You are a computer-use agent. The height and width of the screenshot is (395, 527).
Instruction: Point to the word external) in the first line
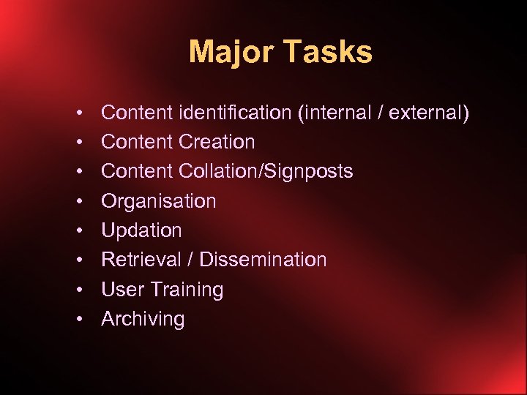tap(429, 113)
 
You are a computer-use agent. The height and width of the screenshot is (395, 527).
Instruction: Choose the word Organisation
tap(159, 201)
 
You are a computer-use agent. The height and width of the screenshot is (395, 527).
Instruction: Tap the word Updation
tap(141, 230)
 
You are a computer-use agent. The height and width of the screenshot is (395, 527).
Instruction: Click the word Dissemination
tap(263, 260)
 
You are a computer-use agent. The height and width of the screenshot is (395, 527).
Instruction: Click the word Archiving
tap(143, 319)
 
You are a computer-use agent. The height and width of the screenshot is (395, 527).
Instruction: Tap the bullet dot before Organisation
tap(78, 201)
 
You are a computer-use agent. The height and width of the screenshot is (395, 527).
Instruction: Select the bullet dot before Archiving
tap(78, 319)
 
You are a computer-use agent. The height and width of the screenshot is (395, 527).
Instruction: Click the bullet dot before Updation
tap(78, 230)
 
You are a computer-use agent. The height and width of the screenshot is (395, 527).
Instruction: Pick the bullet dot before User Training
tap(78, 290)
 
